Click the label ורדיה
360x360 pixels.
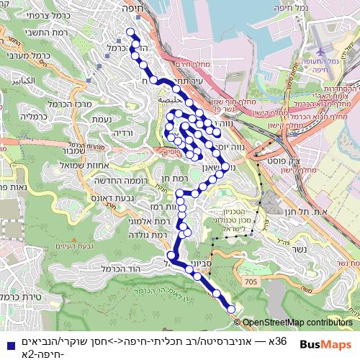click(122, 133)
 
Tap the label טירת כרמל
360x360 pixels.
click(20, 295)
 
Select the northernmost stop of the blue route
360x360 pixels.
click(130, 32)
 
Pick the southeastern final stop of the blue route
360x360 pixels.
click(231, 309)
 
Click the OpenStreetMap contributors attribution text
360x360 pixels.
click(298, 323)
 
